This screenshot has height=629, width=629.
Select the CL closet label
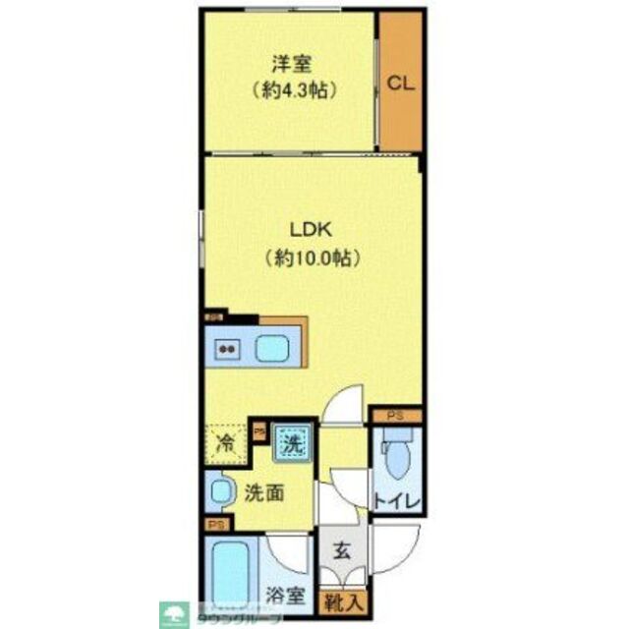[x=399, y=84]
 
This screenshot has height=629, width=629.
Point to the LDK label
[x=313, y=232]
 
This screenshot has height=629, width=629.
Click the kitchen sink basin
[x=272, y=348]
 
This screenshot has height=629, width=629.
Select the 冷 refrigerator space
[x=225, y=441]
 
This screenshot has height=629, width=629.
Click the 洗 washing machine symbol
[x=291, y=443]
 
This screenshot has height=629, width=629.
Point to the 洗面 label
[x=265, y=492]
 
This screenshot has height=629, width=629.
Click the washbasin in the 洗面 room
[x=221, y=490]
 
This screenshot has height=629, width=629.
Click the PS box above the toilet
[x=394, y=417]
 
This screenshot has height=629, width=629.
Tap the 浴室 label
[x=287, y=596]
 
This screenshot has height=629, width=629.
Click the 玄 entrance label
[x=337, y=552]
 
